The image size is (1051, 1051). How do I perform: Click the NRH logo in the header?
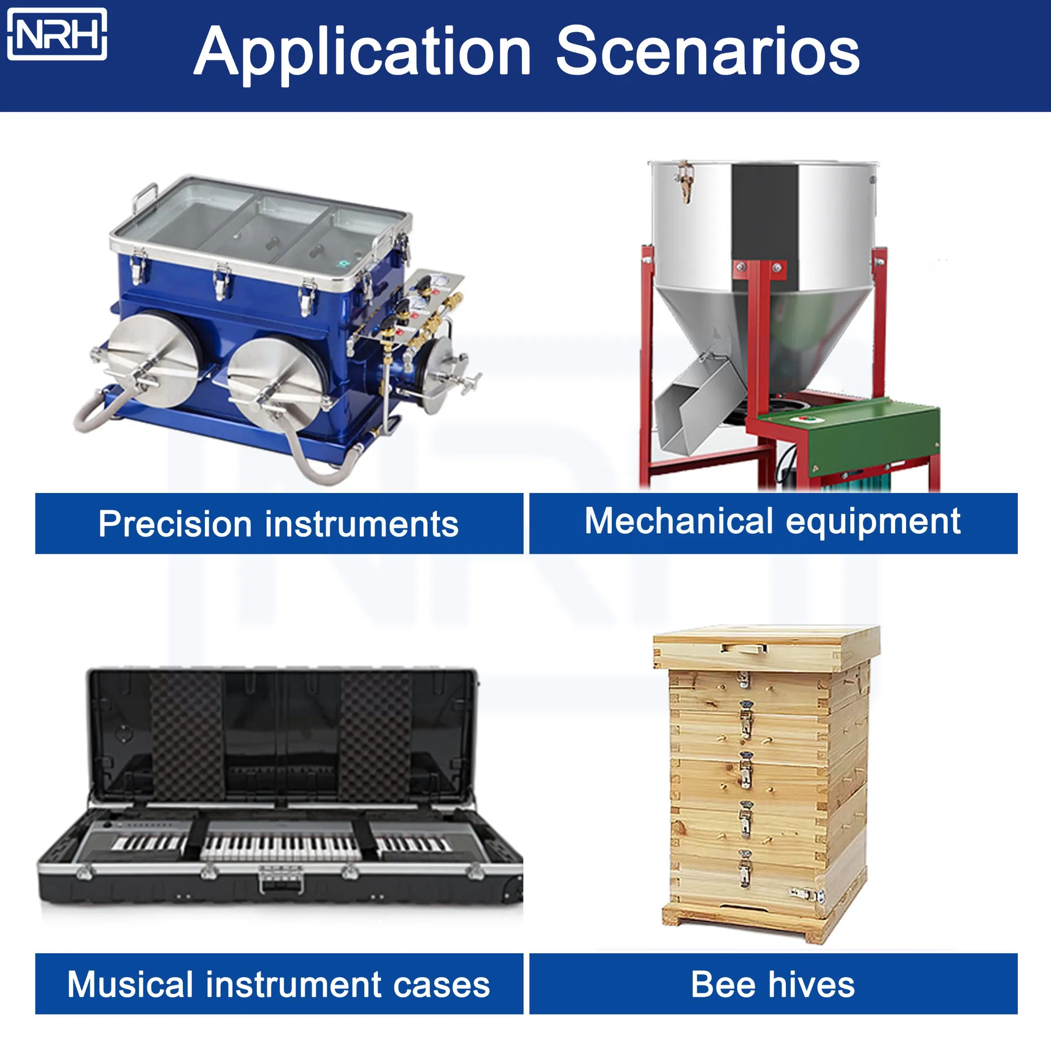coord(57,34)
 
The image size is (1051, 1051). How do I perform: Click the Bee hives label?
coord(773,984)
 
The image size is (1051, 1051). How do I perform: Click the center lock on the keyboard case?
coord(281,879)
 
